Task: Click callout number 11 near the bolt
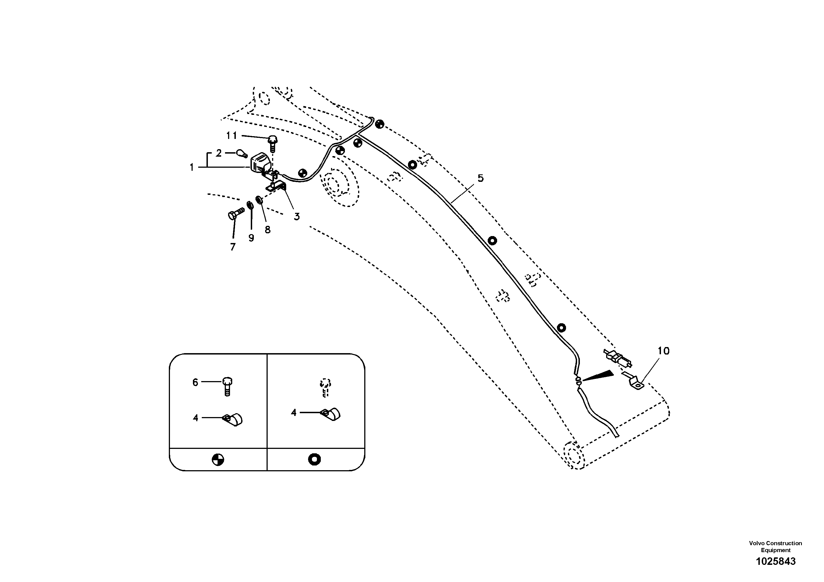point(231,136)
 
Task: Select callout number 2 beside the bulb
point(219,153)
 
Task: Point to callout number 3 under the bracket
point(296,216)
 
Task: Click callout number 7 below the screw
point(233,247)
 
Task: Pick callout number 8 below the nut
point(268,230)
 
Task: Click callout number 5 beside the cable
point(481,178)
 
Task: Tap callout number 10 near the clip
point(663,351)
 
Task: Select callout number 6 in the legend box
point(195,382)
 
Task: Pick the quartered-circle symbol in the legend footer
point(218,460)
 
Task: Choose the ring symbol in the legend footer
point(314,459)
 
